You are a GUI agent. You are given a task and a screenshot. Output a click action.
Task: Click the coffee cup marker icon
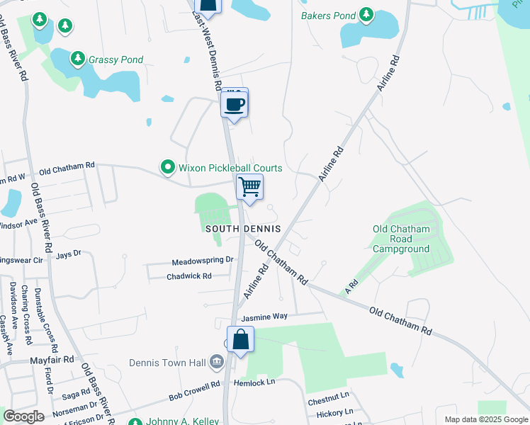click(x=235, y=105)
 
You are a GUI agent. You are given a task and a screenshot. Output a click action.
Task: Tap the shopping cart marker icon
click(x=249, y=187)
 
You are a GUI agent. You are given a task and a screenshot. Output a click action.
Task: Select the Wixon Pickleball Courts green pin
click(x=168, y=168)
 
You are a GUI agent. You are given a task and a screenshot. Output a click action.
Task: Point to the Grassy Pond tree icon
click(x=77, y=59)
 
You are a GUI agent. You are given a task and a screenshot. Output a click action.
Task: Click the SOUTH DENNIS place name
click(x=243, y=229)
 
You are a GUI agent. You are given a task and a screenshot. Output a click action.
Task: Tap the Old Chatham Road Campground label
click(x=401, y=239)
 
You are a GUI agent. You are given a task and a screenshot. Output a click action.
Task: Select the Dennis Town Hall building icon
click(x=217, y=363)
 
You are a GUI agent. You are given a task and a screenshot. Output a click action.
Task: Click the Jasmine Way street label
click(x=264, y=317)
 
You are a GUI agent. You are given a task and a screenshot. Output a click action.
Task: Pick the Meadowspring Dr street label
click(x=203, y=261)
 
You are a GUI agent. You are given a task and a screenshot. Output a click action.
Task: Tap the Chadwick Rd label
click(x=189, y=276)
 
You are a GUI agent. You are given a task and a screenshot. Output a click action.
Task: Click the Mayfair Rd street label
click(x=52, y=360)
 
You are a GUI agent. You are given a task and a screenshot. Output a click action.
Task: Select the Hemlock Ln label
click(x=260, y=382)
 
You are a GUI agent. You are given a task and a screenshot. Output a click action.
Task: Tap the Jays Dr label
click(x=69, y=254)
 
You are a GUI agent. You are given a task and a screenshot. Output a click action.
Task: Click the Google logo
click(x=23, y=416)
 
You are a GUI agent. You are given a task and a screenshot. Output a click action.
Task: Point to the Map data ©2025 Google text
click(x=485, y=419)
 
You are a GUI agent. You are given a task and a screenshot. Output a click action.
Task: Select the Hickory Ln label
click(x=334, y=412)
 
